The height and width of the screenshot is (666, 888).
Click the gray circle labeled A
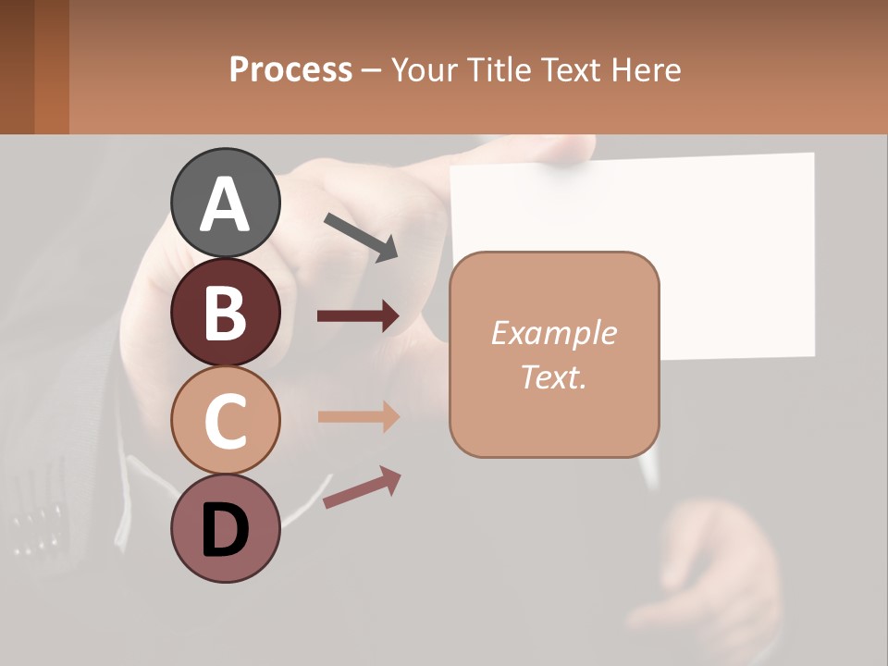225,203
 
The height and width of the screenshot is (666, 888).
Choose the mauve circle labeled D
225,528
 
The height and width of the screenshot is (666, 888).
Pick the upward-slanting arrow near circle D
362,487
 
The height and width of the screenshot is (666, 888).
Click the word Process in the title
290,70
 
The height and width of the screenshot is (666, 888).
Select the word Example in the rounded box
553,333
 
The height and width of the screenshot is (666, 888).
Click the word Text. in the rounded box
553,377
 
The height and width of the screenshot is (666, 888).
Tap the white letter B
225,312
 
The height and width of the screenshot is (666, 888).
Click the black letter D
225,530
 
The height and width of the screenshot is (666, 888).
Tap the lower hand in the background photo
721,573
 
